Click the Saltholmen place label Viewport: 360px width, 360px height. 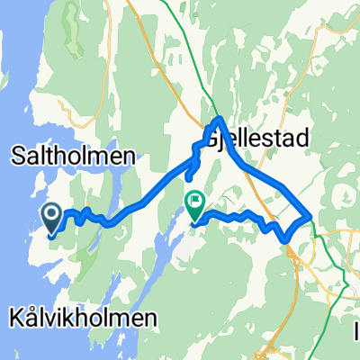tap(73, 156)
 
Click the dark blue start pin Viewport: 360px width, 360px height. tap(51, 215)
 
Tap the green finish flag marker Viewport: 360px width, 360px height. tap(194, 203)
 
